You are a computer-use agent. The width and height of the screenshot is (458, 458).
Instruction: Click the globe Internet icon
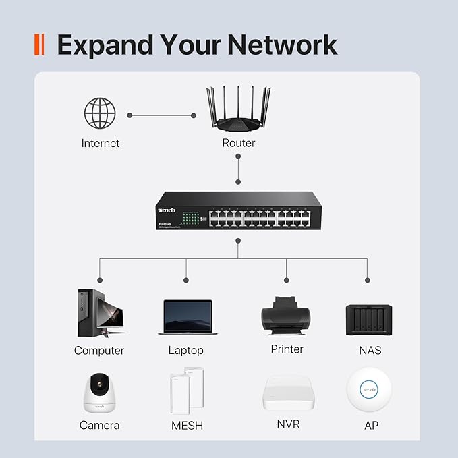coord(100,113)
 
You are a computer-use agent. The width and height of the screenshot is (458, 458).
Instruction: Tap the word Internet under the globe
coord(100,143)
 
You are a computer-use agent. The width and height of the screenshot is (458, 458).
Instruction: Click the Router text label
coord(238,143)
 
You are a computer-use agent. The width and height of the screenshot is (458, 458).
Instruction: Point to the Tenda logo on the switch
coord(167,200)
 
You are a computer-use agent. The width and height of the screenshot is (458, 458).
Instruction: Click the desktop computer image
coord(100,313)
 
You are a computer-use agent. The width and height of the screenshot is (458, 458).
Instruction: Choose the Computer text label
coord(99,351)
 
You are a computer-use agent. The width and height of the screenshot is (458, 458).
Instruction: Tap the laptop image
coord(188,318)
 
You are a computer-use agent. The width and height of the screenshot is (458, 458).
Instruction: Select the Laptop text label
coord(185,351)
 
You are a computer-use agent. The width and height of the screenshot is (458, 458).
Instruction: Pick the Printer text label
coord(287,349)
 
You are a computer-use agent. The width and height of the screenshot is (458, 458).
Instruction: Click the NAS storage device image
coord(369,318)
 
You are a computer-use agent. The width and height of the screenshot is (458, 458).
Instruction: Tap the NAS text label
coord(370,351)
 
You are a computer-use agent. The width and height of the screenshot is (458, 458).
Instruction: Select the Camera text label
coord(99,426)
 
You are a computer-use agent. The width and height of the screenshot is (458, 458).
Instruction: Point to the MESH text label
coord(187,426)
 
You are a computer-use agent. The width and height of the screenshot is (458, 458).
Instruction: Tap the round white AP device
coord(369,389)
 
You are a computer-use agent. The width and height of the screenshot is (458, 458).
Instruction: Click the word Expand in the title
coord(105,45)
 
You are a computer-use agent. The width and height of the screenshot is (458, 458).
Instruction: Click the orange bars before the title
coord(38,45)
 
